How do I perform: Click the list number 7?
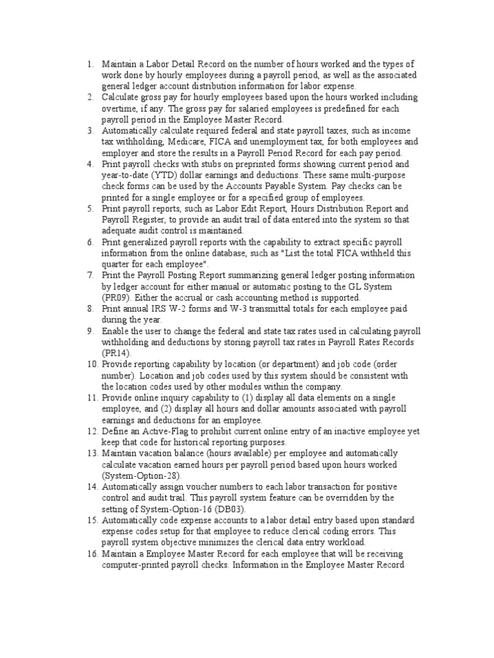tap(90, 275)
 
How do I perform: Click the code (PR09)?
tap(117, 298)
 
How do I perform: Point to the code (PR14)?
tap(117, 353)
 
